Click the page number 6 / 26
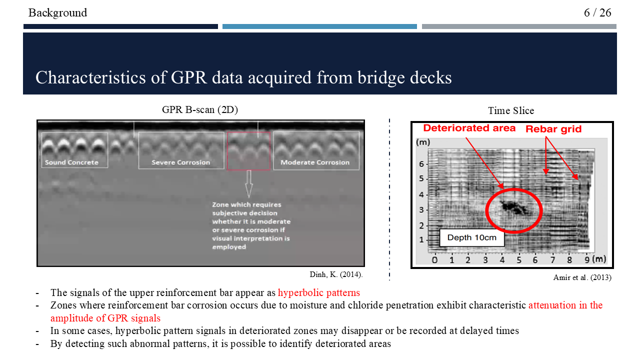click(x=597, y=12)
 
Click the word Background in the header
click(x=57, y=12)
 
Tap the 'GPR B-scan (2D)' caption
click(x=200, y=110)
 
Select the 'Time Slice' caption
click(x=511, y=110)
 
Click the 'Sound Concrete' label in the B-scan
click(x=71, y=162)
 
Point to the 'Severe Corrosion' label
click(x=181, y=162)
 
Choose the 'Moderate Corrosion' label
click(x=315, y=162)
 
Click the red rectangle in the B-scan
click(x=248, y=151)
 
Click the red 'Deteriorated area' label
click(x=469, y=128)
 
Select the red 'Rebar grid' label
click(x=553, y=129)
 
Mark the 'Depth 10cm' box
click(x=471, y=237)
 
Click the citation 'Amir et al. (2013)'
click(x=582, y=277)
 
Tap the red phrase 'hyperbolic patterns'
click(x=319, y=293)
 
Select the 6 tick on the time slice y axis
click(x=421, y=164)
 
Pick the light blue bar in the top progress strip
click(x=319, y=26)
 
